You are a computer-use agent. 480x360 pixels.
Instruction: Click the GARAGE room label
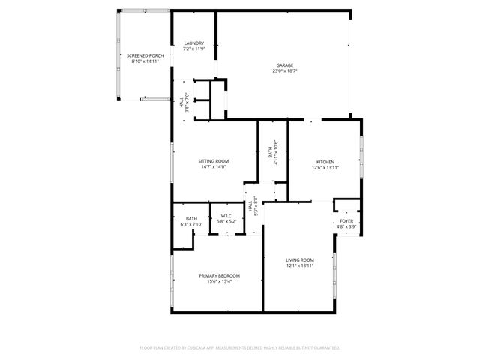pyautogui.click(x=283, y=65)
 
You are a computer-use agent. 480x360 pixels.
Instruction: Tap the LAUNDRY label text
pyautogui.click(x=194, y=43)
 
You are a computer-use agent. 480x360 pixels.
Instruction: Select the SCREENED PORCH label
pyautogui.click(x=145, y=55)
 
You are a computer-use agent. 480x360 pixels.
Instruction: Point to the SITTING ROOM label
pyautogui.click(x=214, y=161)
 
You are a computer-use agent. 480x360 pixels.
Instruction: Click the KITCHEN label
pyautogui.click(x=325, y=162)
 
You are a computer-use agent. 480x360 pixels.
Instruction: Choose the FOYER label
pyautogui.click(x=346, y=221)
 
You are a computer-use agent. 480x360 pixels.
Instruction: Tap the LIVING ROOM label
pyautogui.click(x=299, y=259)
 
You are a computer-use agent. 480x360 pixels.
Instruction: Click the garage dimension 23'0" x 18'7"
pyautogui.click(x=283, y=71)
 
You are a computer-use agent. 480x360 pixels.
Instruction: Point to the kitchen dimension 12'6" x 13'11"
pyautogui.click(x=325, y=168)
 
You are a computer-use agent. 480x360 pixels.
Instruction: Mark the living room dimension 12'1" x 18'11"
pyautogui.click(x=299, y=265)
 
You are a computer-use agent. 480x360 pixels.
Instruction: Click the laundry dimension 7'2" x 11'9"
pyautogui.click(x=194, y=49)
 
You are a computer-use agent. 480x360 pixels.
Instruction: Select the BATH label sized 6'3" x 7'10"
pyautogui.click(x=191, y=219)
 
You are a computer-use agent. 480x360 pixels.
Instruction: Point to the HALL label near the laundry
pyautogui.click(x=181, y=103)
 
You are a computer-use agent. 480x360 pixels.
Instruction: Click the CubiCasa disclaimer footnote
pyautogui.click(x=240, y=348)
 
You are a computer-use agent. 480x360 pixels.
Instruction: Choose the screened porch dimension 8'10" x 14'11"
pyautogui.click(x=145, y=61)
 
